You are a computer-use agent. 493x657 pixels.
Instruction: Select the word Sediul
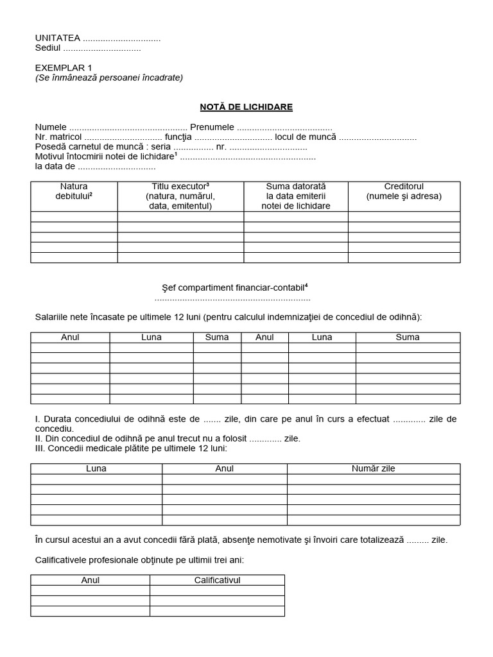click(x=48, y=48)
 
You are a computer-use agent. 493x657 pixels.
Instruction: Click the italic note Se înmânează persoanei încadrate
click(x=109, y=78)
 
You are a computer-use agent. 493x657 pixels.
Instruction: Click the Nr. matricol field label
click(x=58, y=137)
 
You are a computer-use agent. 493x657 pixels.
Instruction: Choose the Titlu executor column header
click(x=180, y=196)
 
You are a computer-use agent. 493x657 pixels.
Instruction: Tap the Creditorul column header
click(x=404, y=191)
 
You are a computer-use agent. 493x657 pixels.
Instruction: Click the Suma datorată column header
click(x=296, y=196)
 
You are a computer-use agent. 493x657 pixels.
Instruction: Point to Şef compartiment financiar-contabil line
click(x=232, y=287)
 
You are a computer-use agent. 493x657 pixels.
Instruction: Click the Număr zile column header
click(x=373, y=468)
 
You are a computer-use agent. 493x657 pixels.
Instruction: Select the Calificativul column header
click(x=217, y=580)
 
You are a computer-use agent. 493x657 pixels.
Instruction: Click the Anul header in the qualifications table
click(x=91, y=580)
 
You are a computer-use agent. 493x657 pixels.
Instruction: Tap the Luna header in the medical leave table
click(x=96, y=468)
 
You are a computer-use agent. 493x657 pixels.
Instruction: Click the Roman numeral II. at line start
click(x=39, y=438)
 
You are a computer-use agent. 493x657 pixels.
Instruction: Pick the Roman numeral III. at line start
click(x=40, y=448)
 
